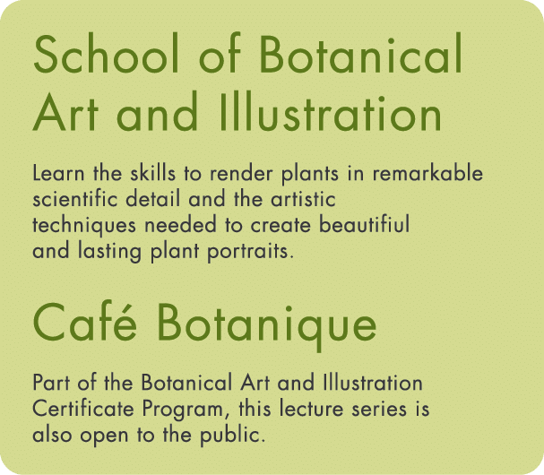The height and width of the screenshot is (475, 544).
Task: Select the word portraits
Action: coord(255,252)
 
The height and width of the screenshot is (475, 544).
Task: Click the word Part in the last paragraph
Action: coord(49,384)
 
